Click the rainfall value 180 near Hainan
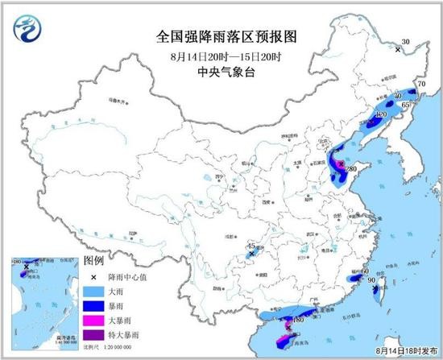pos(297,320)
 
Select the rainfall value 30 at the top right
pos(406,41)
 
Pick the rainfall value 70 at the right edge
pos(420,85)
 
